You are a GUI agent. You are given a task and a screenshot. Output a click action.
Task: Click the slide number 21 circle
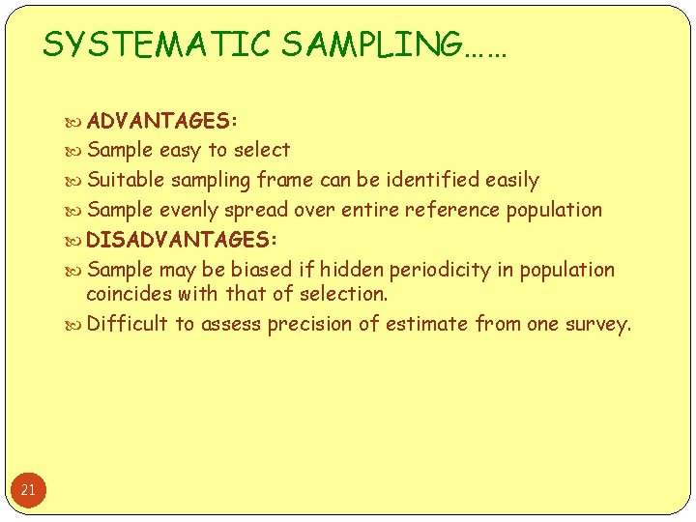click(x=28, y=490)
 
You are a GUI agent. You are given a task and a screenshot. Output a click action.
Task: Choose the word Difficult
click(x=128, y=324)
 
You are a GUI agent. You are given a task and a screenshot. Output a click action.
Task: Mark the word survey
click(x=598, y=324)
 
